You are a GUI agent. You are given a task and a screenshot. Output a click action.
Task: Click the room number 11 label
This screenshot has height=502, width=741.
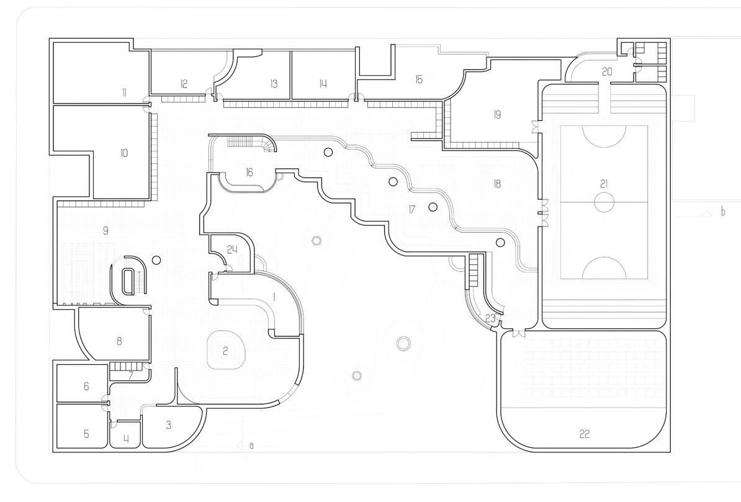(x=124, y=93)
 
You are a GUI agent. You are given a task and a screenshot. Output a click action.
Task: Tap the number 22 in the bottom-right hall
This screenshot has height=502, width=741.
(x=584, y=434)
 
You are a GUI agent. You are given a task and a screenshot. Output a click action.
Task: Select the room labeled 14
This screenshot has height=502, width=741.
(x=323, y=84)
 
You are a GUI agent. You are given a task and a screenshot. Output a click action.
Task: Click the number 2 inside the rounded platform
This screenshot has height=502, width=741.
(x=225, y=351)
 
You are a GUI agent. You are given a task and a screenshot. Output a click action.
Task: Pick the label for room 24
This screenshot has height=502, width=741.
(x=232, y=249)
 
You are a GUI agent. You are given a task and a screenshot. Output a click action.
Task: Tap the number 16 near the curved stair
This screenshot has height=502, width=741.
(x=249, y=172)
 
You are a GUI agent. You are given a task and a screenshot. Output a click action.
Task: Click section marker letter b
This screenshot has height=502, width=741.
(x=722, y=212)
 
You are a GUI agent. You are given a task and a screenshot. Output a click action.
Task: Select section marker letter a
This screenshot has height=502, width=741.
(x=251, y=446)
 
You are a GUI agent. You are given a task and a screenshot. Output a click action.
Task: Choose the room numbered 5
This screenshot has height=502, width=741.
(x=86, y=434)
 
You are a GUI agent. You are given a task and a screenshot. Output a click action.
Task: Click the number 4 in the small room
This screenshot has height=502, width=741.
(x=127, y=439)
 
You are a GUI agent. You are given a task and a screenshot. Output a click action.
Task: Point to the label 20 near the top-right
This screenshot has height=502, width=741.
(x=607, y=72)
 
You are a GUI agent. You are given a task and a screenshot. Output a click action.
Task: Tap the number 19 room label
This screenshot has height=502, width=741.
(x=497, y=114)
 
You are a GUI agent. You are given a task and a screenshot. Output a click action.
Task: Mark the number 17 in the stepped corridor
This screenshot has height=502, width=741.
(x=411, y=210)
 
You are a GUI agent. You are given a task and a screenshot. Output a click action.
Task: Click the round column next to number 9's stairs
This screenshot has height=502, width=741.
(x=156, y=260)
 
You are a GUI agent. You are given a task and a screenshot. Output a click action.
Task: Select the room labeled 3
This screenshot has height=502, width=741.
(x=168, y=425)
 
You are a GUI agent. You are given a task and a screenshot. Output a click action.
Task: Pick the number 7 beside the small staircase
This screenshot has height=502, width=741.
(x=131, y=375)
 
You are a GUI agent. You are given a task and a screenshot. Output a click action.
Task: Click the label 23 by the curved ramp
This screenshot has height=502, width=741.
(x=490, y=318)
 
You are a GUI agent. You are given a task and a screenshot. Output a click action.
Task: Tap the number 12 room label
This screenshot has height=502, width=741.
(x=184, y=84)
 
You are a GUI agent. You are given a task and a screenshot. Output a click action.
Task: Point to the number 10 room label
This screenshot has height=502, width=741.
(x=124, y=153)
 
